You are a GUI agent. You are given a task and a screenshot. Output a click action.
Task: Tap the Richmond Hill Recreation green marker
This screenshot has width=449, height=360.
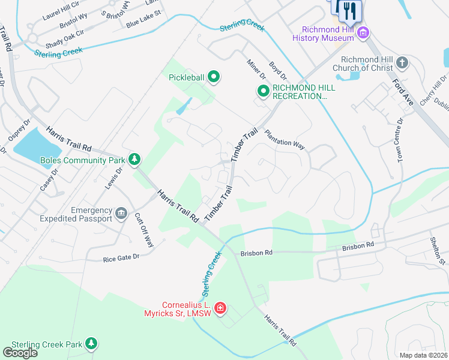pyautogui.click(x=263, y=91)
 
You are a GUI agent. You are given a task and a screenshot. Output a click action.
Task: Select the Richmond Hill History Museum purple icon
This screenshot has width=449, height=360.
pyautogui.click(x=362, y=32)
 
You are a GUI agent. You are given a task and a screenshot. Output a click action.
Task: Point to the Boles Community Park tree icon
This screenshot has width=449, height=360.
pyautogui.click(x=136, y=160)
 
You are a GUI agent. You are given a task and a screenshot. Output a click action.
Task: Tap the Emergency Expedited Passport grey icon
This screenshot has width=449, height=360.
pyautogui.click(x=121, y=214)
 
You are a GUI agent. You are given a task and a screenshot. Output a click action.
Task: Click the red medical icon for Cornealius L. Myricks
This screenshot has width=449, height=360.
pyautogui.click(x=220, y=308)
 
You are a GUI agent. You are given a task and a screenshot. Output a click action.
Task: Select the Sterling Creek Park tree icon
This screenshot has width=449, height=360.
pyautogui.click(x=91, y=344)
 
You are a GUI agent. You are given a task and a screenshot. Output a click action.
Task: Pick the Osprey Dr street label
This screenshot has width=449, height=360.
pyautogui.click(x=16, y=129)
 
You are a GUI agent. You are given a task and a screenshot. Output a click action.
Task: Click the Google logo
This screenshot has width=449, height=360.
pyautogui.click(x=20, y=353)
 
